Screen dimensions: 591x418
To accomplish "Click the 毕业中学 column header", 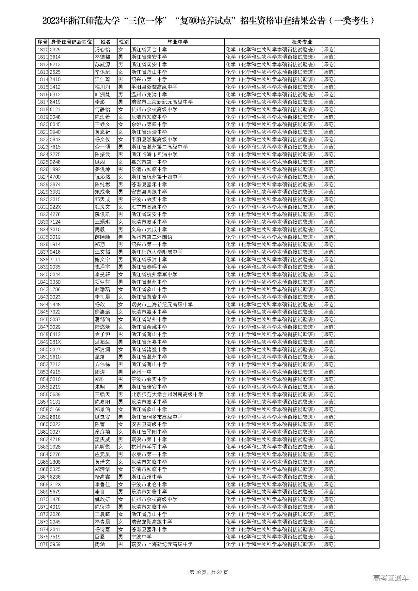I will pyautogui.click(x=177, y=42).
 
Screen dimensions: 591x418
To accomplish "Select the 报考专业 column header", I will pyautogui.click(x=302, y=42).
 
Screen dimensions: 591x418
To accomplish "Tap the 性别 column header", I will pyautogui.click(x=123, y=42).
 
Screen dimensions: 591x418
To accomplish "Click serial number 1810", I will pyautogui.click(x=42, y=50).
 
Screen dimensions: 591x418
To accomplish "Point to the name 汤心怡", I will pyautogui.click(x=102, y=50).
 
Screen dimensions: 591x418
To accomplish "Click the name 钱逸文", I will pyautogui.click(x=102, y=207).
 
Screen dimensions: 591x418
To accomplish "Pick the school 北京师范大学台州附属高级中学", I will pyautogui.click(x=167, y=394).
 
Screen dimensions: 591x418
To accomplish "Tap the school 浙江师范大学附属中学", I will pyautogui.click(x=156, y=252).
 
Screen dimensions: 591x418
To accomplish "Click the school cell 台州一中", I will pyautogui.click(x=141, y=372).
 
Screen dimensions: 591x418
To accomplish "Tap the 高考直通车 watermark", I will pyautogui.click(x=390, y=578).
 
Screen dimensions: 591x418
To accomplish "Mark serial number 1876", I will pyautogui.click(x=42, y=544).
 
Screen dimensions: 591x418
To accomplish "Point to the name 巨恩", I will pyautogui.click(x=100, y=537).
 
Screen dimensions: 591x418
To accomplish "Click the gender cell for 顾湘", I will pyautogui.click(x=121, y=162).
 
